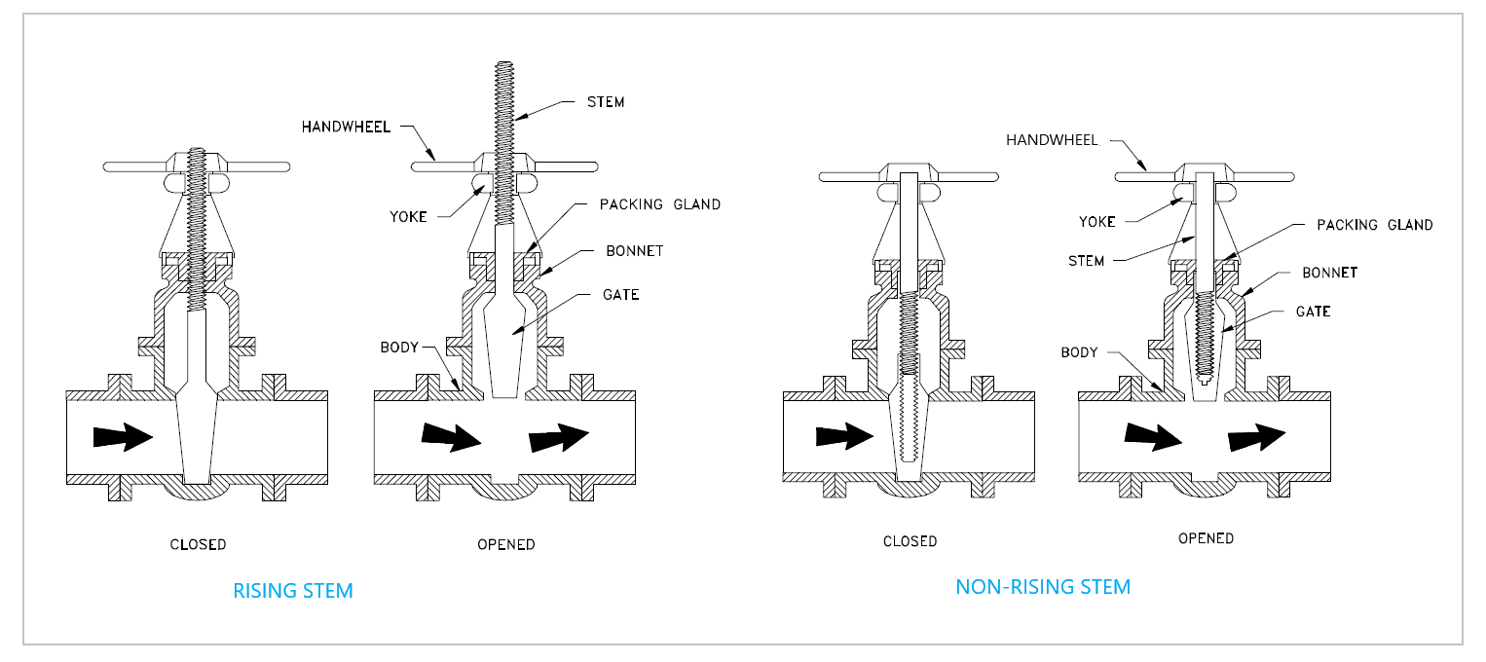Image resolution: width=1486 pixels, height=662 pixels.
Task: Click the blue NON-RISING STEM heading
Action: tap(1043, 587)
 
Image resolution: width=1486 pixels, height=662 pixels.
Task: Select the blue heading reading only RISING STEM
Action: tap(293, 591)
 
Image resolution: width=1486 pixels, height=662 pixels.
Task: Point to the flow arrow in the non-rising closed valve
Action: tap(843, 437)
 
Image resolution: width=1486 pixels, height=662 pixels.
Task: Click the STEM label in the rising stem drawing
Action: tap(606, 102)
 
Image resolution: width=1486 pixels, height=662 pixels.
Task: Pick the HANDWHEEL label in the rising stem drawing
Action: tap(345, 127)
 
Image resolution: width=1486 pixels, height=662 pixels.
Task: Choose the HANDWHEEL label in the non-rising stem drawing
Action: tap(1052, 140)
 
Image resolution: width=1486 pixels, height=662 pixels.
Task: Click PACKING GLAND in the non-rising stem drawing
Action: tap(1374, 225)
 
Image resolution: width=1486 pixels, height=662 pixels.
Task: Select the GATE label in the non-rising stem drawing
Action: tap(1313, 312)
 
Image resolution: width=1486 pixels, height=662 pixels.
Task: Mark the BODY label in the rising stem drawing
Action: tap(398, 348)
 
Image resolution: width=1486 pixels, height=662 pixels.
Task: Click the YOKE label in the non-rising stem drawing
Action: tap(1097, 222)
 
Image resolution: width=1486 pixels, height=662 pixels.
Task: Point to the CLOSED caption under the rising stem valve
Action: tap(199, 544)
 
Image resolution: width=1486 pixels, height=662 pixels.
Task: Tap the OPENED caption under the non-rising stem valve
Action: tap(1206, 538)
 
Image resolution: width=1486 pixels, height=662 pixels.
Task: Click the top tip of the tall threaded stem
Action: tap(503, 65)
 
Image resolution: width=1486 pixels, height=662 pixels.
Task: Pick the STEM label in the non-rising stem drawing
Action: tap(1086, 261)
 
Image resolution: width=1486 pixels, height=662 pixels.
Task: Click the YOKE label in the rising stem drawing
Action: tap(408, 216)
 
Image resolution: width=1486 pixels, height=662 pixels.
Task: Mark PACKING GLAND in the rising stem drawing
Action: tap(660, 204)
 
